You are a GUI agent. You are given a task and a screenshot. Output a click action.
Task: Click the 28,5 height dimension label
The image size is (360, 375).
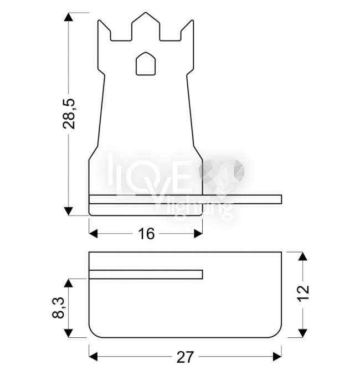pos(69,114)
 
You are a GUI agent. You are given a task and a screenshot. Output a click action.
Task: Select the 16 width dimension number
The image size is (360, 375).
pos(146,234)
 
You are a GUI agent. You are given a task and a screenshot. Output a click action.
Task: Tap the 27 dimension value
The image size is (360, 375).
pos(185,357)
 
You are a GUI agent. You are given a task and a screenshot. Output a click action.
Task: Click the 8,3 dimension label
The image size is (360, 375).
pos(58,308)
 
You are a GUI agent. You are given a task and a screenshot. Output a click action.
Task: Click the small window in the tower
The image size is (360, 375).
pos(146,64)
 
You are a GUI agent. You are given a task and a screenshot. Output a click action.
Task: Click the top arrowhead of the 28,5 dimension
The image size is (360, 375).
pos(69,17)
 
